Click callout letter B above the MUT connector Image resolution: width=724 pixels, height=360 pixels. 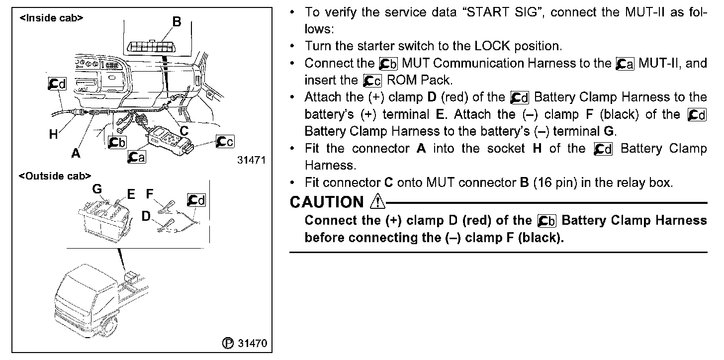pyautogui.click(x=177, y=22)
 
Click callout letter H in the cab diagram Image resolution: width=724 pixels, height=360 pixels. pyautogui.click(x=53, y=134)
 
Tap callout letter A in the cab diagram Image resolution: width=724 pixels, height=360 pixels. pyautogui.click(x=76, y=154)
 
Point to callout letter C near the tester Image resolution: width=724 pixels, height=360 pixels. pyautogui.click(x=183, y=131)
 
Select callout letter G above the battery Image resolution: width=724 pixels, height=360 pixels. pyautogui.click(x=97, y=189)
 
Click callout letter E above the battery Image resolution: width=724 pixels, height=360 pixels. pyautogui.click(x=131, y=194)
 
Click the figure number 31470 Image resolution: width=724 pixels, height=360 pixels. pyautogui.click(x=253, y=343)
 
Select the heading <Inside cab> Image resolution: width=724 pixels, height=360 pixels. pyautogui.click(x=51, y=18)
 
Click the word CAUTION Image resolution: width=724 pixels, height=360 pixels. pyautogui.click(x=327, y=202)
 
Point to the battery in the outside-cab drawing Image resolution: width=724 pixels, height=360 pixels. pyautogui.click(x=105, y=219)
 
